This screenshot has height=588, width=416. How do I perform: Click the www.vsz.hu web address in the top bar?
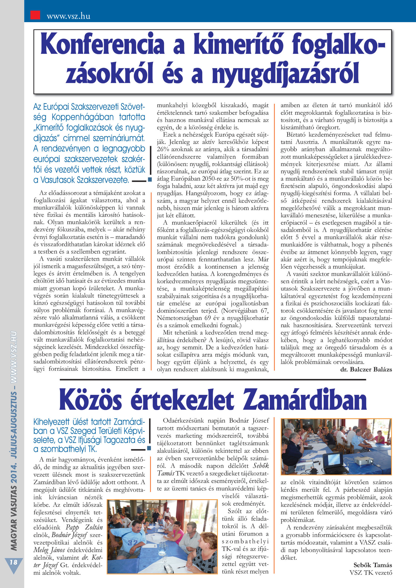pos(69,16)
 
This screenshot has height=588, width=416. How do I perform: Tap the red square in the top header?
pos(35,15)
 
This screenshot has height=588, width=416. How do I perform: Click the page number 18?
pos(13,562)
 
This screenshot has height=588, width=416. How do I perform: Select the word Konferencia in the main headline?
pos(103,44)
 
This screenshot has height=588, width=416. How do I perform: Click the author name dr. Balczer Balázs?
pos(366,369)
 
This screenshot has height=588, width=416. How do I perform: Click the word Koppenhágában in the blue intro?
pos(83,117)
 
